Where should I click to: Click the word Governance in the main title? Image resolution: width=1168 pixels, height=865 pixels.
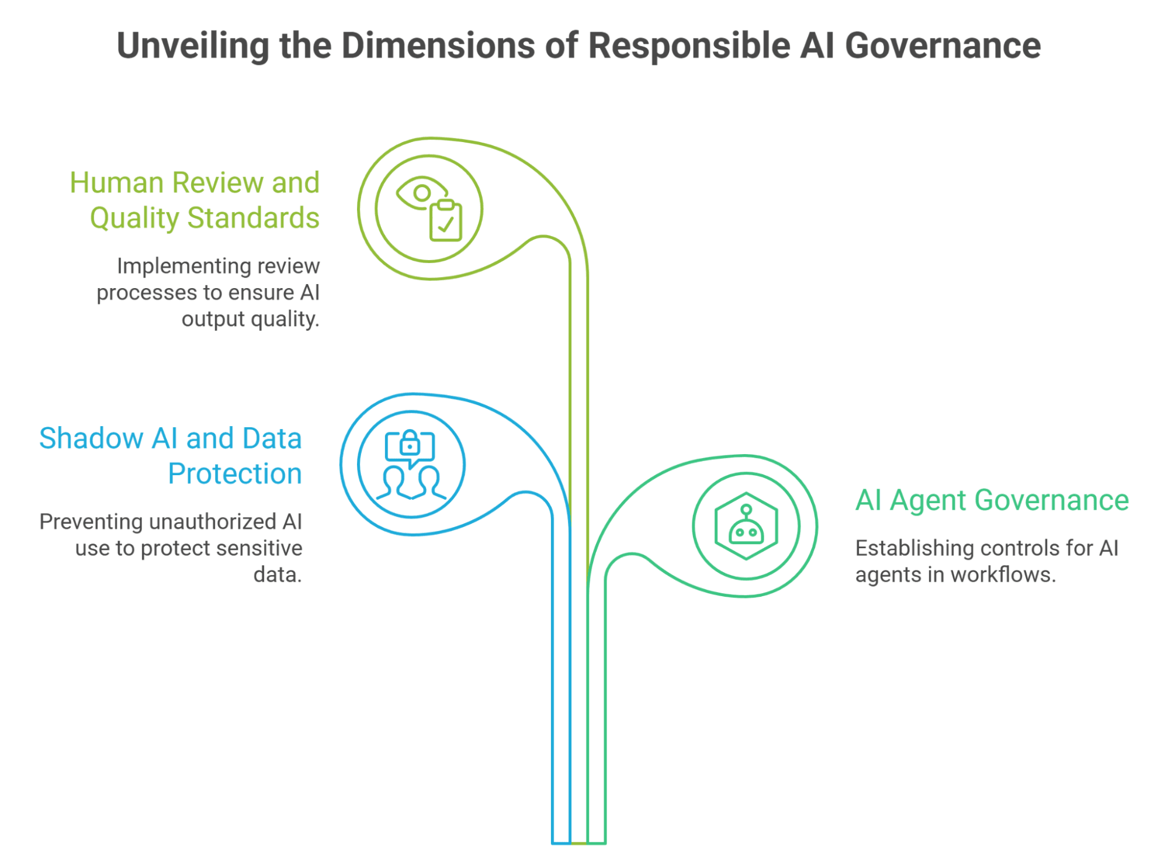pos(942,46)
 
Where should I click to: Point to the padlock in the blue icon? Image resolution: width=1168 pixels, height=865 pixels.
pos(410,442)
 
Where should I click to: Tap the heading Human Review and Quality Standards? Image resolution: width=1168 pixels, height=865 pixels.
pos(195,200)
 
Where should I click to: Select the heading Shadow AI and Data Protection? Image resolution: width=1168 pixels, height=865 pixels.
pos(171,456)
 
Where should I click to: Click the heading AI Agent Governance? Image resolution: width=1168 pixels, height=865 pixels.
pos(992,500)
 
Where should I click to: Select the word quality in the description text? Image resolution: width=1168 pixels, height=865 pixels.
pos(285,320)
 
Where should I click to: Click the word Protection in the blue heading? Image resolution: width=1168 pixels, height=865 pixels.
pos(235,473)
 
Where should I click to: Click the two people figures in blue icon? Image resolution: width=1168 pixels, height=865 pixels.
pos(411,483)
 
